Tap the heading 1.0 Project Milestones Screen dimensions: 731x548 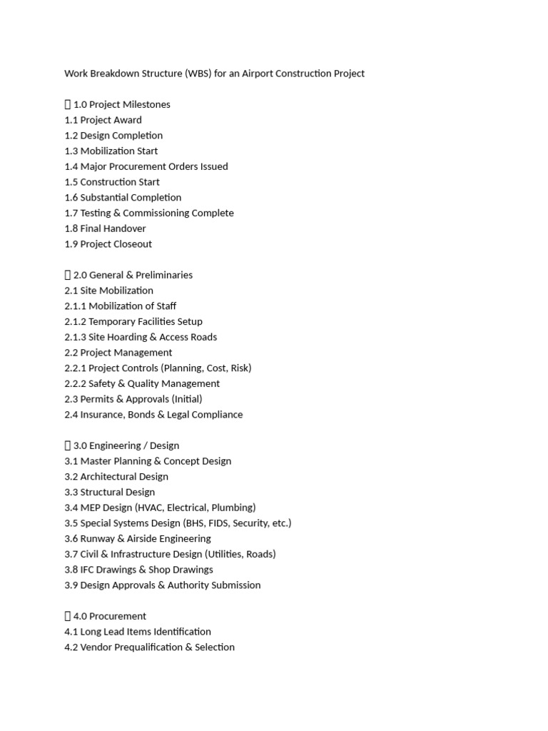[121, 104]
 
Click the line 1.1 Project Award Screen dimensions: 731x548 [103, 120]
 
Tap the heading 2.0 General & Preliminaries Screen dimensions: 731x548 [133, 275]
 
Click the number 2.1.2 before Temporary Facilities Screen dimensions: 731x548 [75, 322]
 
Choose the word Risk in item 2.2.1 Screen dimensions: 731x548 [239, 368]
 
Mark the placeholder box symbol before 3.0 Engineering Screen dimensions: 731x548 [68, 446]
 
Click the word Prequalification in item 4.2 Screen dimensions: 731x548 [155, 647]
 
